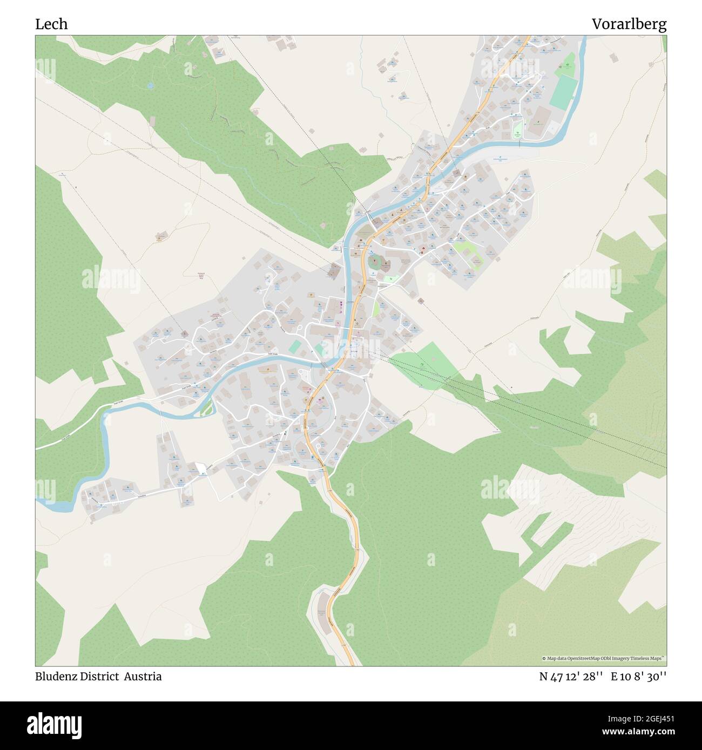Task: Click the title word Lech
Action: [x=51, y=24]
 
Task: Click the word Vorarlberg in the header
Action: [x=629, y=24]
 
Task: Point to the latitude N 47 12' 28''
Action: [x=571, y=676]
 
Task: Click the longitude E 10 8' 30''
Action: [x=639, y=676]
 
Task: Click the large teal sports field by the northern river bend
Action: [x=563, y=92]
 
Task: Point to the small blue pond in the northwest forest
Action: [x=150, y=85]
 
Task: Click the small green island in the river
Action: [x=206, y=411]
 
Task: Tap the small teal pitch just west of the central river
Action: [x=295, y=346]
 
